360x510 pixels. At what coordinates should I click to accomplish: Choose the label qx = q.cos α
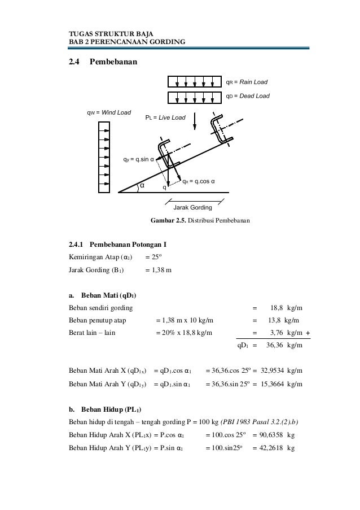tap(199, 181)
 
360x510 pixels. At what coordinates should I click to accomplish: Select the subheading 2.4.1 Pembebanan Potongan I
tap(117, 245)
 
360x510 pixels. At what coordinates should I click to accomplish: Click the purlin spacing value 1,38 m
tap(159, 270)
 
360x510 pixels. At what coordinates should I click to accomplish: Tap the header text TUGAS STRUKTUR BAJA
tap(106, 34)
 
